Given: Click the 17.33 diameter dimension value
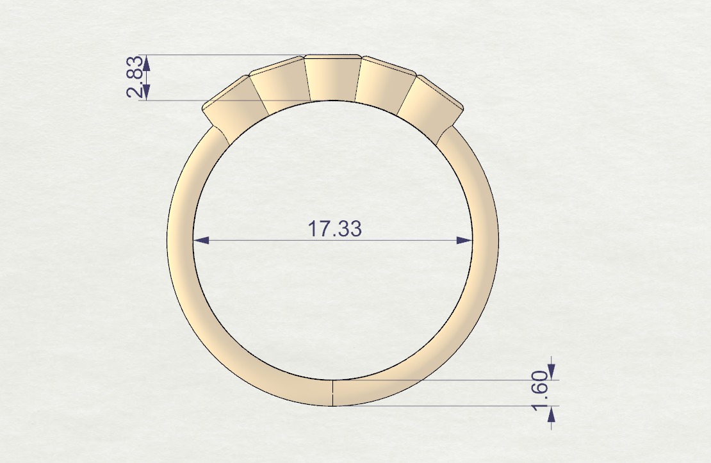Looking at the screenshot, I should point(335,229).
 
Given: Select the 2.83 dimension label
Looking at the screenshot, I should point(134,77).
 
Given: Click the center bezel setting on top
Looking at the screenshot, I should point(331,78).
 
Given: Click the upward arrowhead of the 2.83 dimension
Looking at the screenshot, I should point(147,62).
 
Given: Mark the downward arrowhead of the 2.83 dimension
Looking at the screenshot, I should point(147,93).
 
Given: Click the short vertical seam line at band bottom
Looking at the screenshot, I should point(333,393).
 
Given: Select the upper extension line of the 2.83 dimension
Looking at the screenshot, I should point(224,55).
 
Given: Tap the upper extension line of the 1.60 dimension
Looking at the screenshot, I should point(448,380).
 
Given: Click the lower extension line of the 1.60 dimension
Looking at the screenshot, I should point(448,405).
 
